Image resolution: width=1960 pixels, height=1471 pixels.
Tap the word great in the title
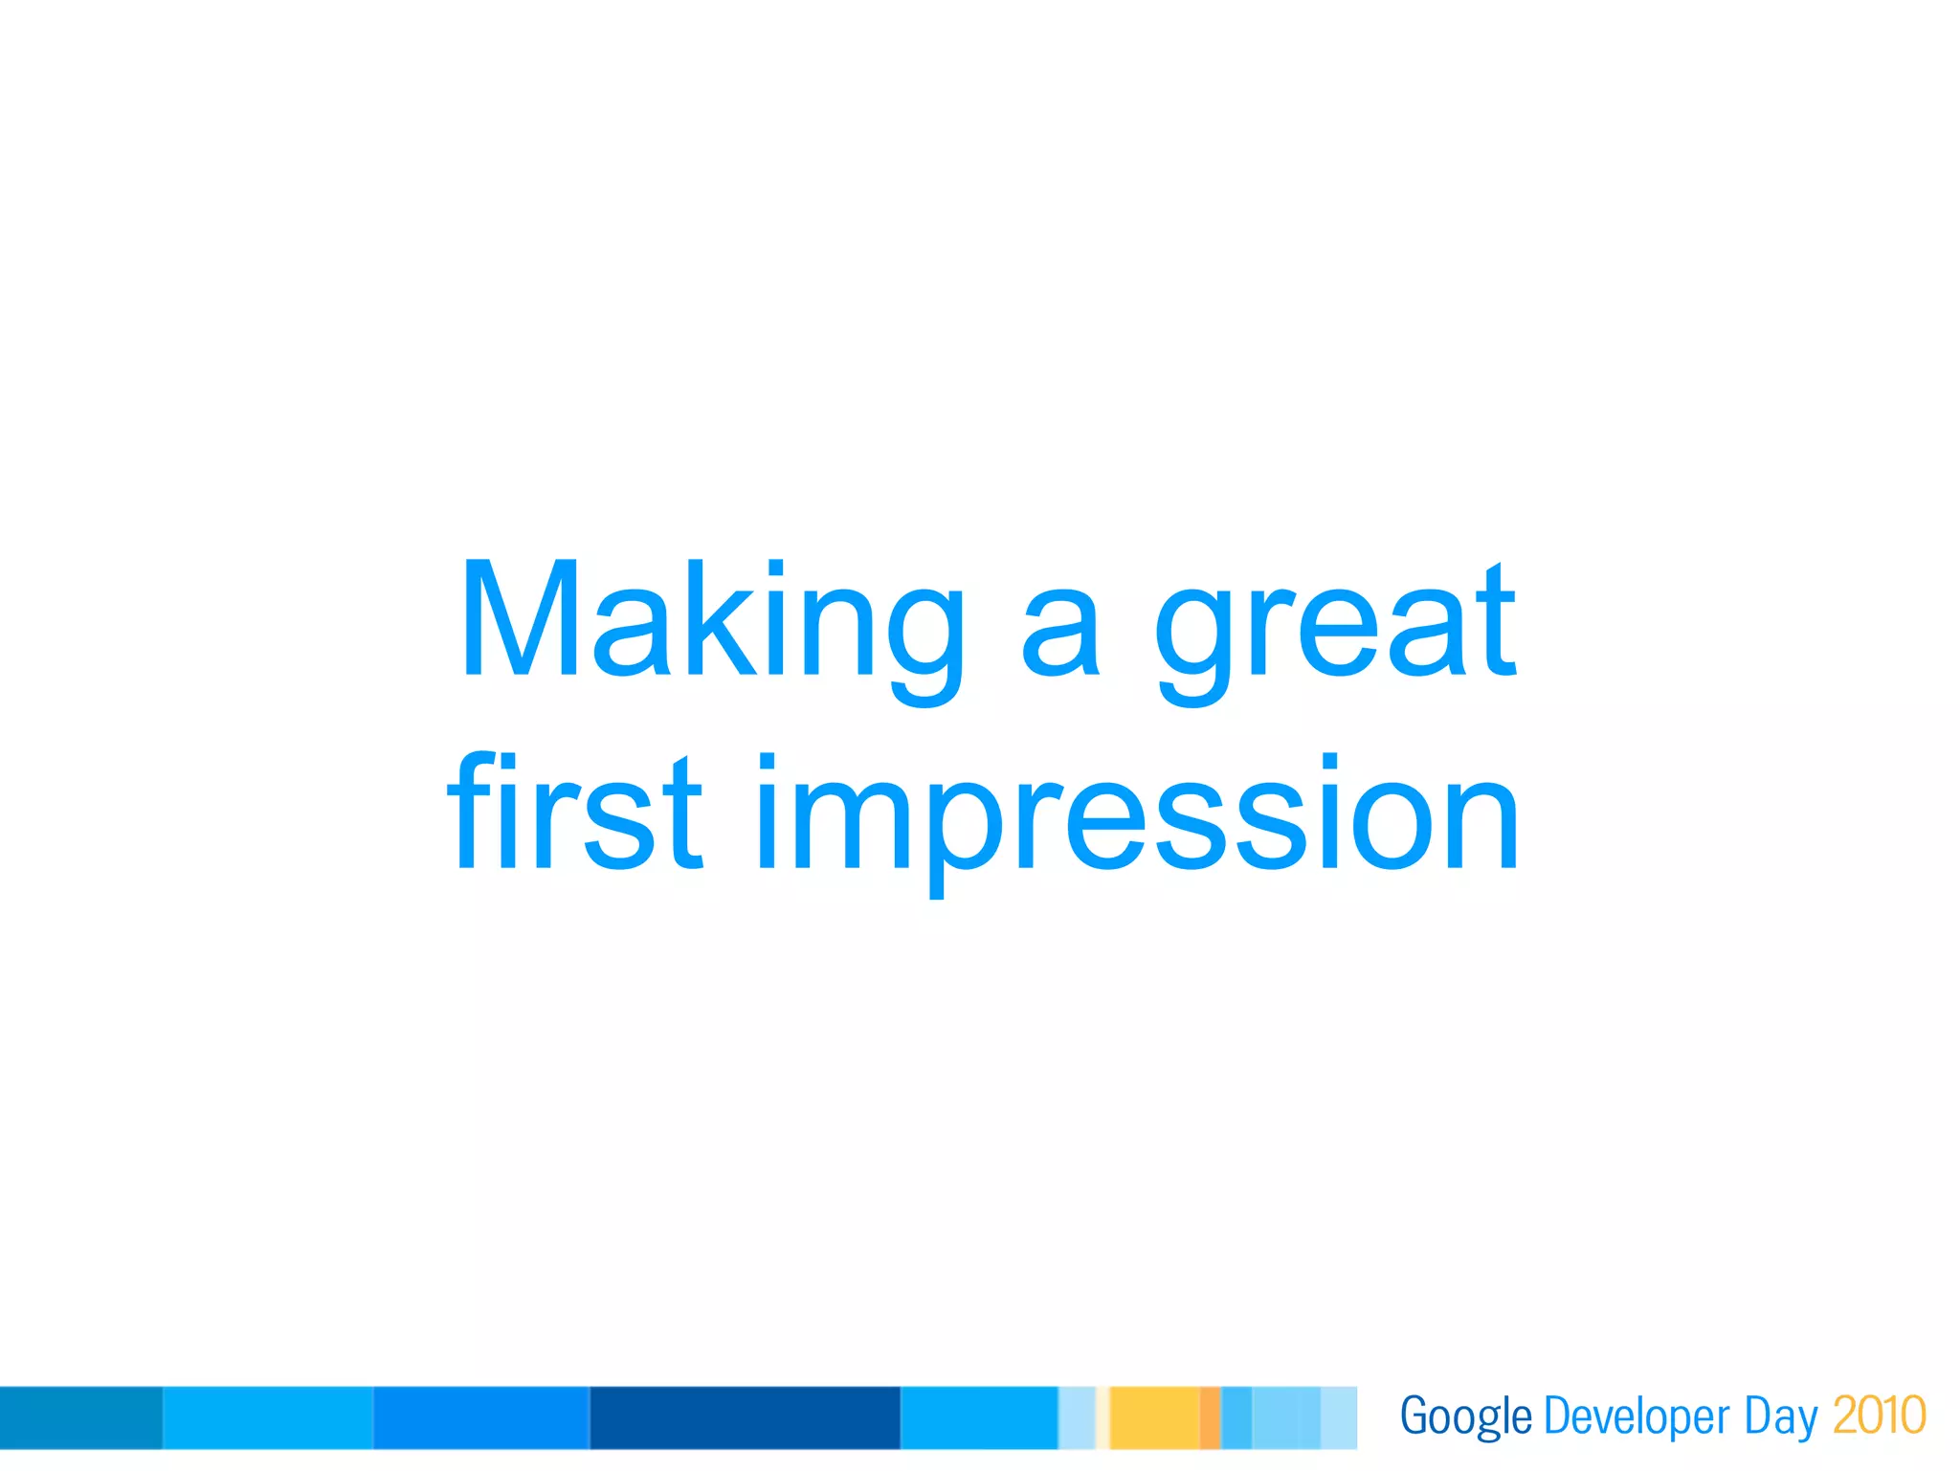[x=1334, y=627]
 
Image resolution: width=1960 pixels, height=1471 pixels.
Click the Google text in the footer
[x=1465, y=1416]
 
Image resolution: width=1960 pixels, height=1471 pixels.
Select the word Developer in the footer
[x=1637, y=1416]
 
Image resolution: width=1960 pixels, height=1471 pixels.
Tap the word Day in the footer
[x=1780, y=1416]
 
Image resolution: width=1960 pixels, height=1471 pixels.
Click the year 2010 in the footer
[x=1879, y=1415]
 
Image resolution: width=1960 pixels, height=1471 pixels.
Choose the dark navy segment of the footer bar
[x=745, y=1417]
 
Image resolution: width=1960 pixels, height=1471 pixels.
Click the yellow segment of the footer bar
[x=1154, y=1417]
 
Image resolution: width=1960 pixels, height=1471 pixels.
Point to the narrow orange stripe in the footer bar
[x=1211, y=1417]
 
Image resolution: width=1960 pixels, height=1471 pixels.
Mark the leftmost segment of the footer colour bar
[x=81, y=1417]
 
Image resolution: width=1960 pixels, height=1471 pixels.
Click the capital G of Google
[x=1414, y=1415]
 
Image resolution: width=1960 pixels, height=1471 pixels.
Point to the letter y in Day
[x=1807, y=1422]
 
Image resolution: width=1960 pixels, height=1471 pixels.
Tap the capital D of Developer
[x=1556, y=1415]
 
